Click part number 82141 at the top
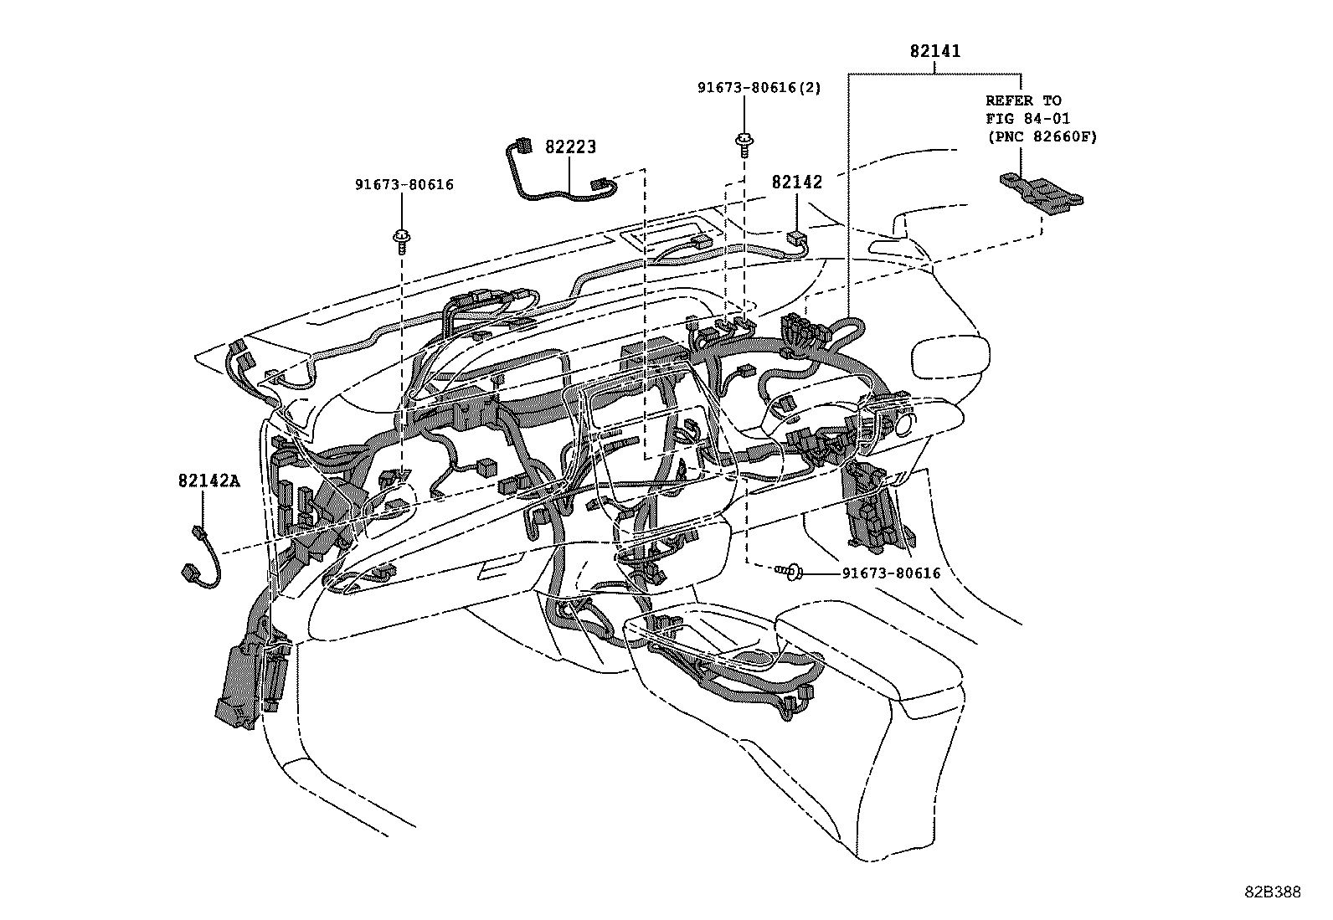pos(935,51)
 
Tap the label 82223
pos(570,147)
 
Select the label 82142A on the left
pos(208,481)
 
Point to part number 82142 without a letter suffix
pos(796,182)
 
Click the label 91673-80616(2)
pos(759,88)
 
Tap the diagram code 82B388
pos(1272,892)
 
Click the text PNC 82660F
pos(1041,136)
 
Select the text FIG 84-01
pos(1027,119)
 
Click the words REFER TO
pos(1023,100)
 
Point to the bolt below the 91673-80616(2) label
pos(742,143)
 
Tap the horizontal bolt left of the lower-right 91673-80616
pos(790,573)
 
